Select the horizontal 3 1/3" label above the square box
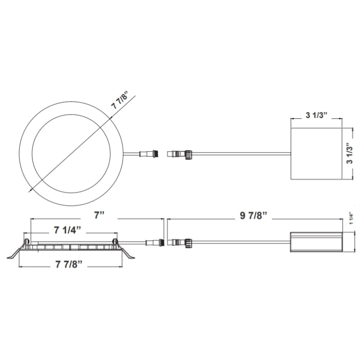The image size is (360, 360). [316, 116]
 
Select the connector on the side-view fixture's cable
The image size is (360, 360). [153, 243]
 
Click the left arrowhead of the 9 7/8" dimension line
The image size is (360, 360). [169, 219]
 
